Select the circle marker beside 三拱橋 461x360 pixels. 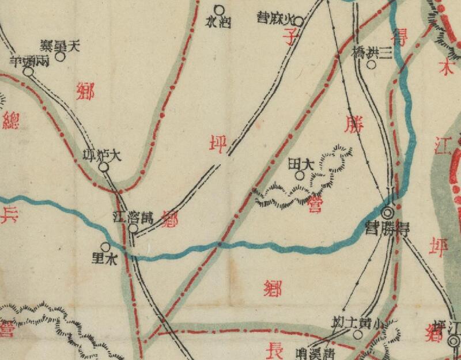point(371,65)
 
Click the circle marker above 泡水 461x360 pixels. point(219,10)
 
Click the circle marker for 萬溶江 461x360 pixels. point(133,229)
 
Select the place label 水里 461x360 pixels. point(104,259)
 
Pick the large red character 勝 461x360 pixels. point(353,124)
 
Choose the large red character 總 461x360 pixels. point(10,122)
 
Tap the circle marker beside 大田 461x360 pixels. point(299,175)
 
